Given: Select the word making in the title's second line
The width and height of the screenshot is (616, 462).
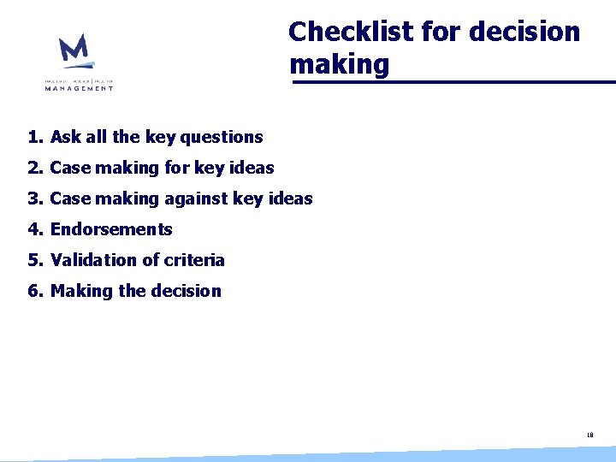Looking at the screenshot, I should [x=339, y=64].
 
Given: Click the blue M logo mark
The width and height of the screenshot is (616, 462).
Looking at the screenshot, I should [x=74, y=51].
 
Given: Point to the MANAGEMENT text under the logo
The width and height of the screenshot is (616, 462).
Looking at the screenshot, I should [x=80, y=87].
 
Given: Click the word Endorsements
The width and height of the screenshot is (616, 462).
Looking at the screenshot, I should [x=111, y=229].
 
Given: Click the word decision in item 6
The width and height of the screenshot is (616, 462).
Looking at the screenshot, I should [x=186, y=291].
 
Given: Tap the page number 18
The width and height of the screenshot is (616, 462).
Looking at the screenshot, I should [x=590, y=435].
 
